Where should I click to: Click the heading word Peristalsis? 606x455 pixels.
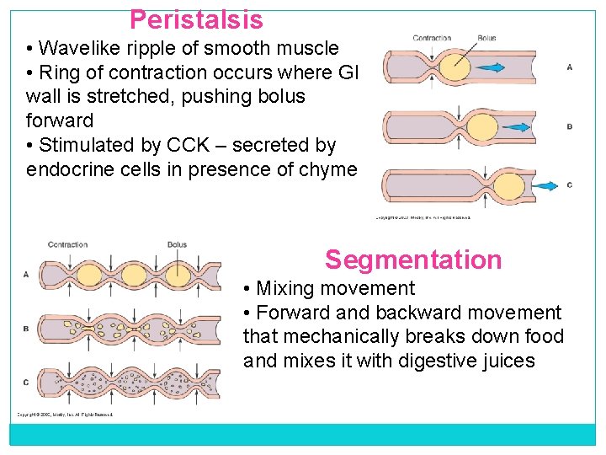pyautogui.click(x=196, y=19)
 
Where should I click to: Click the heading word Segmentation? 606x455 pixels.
pyautogui.click(x=413, y=260)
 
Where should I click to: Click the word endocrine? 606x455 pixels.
pyautogui.click(x=68, y=169)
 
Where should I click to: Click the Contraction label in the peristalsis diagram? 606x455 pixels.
pyautogui.click(x=432, y=38)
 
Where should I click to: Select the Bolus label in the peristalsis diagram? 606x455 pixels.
pyautogui.click(x=486, y=38)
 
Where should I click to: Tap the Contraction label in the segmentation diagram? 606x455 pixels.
pyautogui.click(x=67, y=245)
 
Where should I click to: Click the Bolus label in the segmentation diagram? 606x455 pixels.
pyautogui.click(x=177, y=245)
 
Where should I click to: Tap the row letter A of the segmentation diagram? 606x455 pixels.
pyautogui.click(x=26, y=274)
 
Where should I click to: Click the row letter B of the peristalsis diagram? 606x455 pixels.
pyautogui.click(x=570, y=126)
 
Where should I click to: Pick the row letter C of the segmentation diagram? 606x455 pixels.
pyautogui.click(x=26, y=383)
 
